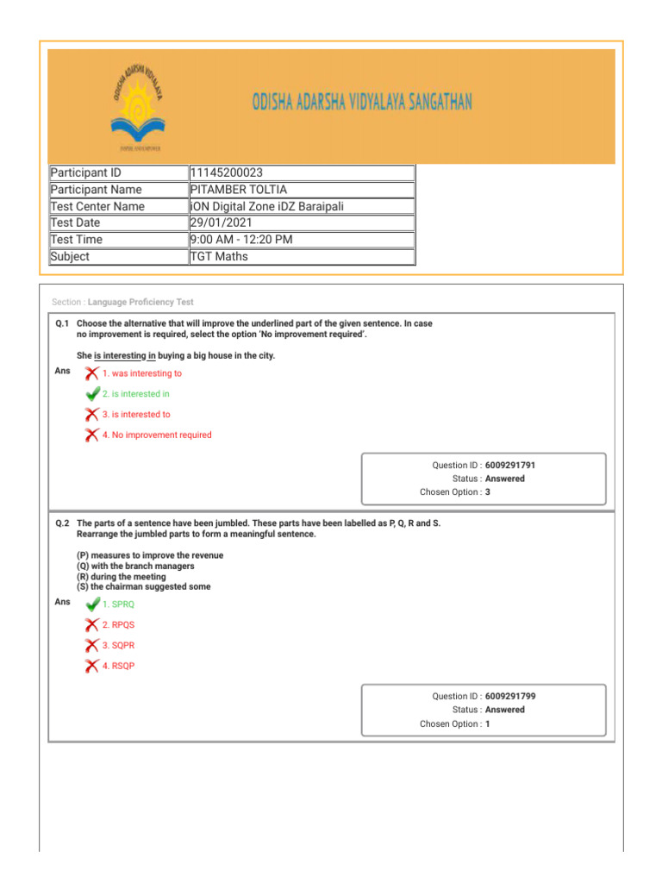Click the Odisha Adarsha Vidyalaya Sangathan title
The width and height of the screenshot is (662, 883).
point(362,103)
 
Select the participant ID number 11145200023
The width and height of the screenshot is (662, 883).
point(228,172)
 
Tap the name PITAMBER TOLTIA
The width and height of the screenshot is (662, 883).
point(239,190)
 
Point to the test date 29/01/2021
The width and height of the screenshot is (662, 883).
point(222,223)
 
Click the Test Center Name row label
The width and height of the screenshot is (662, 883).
point(97,207)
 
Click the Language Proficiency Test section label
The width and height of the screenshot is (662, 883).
point(141,303)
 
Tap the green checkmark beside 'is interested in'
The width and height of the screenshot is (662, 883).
point(92,394)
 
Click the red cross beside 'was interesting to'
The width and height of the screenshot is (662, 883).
point(91,373)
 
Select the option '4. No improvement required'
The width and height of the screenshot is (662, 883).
point(156,435)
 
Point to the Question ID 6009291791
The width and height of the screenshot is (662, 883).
point(515,465)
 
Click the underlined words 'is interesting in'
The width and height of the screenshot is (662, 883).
point(125,356)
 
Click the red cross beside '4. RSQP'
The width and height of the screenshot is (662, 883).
point(91,666)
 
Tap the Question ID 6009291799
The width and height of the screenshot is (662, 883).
point(515,696)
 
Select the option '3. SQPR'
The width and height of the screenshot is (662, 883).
point(118,645)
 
